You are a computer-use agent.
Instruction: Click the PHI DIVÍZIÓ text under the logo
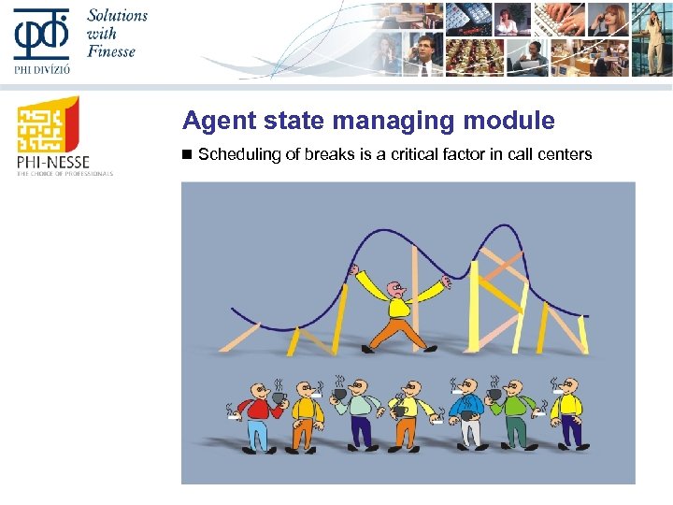click(43, 69)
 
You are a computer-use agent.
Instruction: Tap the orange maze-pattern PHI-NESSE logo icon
click(48, 125)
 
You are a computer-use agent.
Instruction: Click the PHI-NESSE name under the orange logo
click(53, 162)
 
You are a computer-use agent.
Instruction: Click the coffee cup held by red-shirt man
click(278, 397)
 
